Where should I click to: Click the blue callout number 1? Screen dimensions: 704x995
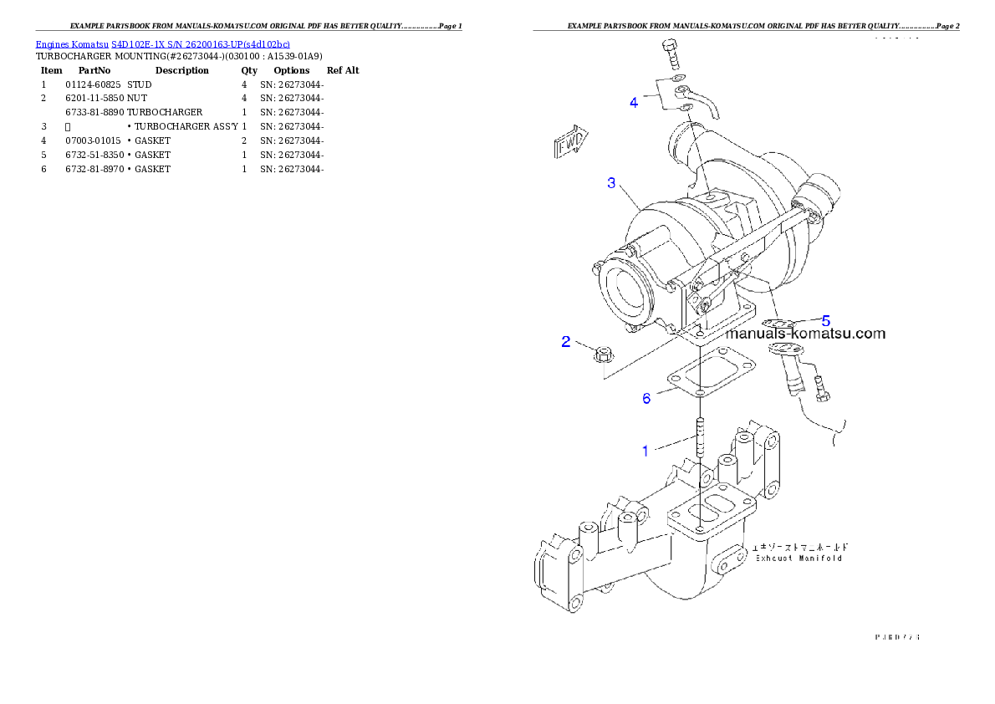click(645, 451)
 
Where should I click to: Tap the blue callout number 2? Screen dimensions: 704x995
click(566, 342)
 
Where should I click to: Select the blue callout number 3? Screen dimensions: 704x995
click(612, 182)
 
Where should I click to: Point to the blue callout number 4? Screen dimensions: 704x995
click(635, 103)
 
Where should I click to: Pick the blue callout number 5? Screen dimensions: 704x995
click(825, 320)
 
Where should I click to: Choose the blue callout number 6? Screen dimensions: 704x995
click(646, 399)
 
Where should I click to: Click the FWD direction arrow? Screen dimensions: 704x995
click(571, 142)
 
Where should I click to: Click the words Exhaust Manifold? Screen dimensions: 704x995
click(799, 558)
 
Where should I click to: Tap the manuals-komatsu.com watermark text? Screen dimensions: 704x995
click(805, 334)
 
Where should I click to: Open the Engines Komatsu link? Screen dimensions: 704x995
click(73, 44)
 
